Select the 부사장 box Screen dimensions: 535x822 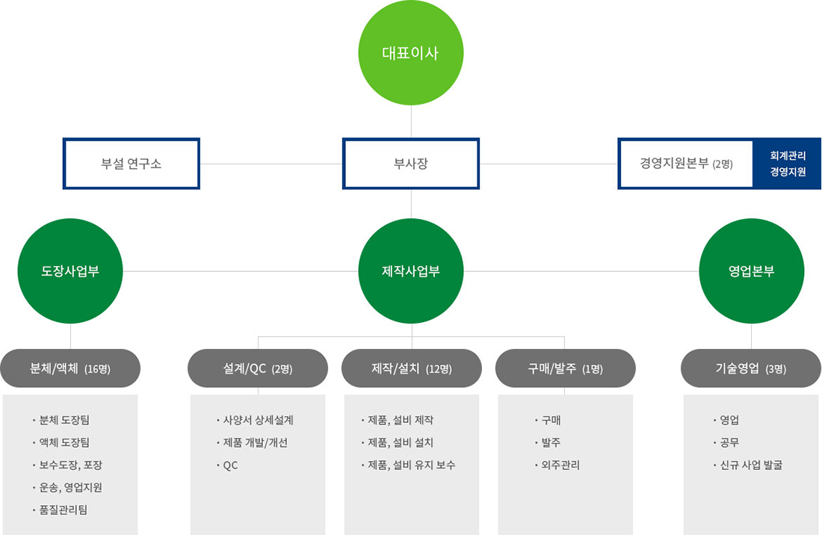(x=411, y=163)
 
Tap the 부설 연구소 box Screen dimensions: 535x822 (x=132, y=163)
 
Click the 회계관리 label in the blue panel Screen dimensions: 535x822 (x=788, y=155)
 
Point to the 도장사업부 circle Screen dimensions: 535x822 (x=70, y=270)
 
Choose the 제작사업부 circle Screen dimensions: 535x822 (x=411, y=270)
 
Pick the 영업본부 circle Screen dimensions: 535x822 (x=751, y=270)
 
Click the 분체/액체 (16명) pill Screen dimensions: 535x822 (x=70, y=368)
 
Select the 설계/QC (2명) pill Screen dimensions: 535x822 (x=258, y=368)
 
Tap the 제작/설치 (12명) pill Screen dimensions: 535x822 (x=412, y=368)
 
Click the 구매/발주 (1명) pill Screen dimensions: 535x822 (x=566, y=368)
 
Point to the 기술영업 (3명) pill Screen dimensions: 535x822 (x=751, y=368)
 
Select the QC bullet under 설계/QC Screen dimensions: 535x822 (x=230, y=465)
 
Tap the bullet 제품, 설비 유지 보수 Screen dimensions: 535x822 (x=412, y=465)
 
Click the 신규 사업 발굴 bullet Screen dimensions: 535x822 (x=751, y=465)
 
